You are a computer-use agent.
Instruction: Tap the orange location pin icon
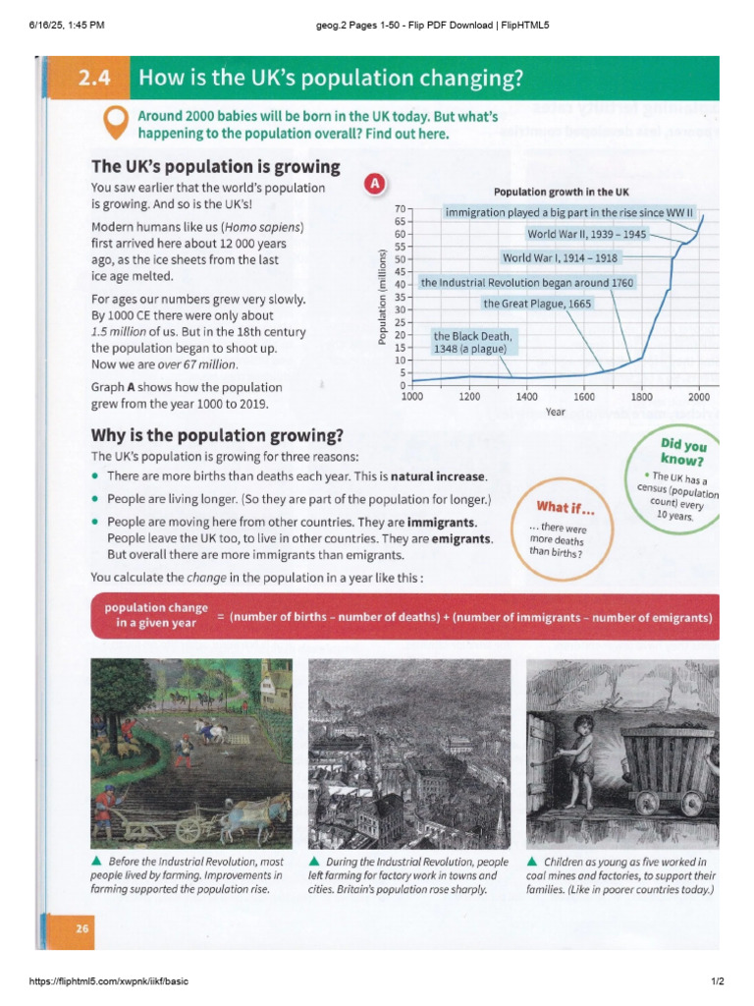(x=117, y=122)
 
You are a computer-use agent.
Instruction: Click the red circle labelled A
(x=373, y=185)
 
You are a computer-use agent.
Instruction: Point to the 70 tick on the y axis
(x=400, y=210)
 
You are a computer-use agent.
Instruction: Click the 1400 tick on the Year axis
(x=527, y=397)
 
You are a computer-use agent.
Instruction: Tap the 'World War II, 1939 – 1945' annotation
(x=586, y=235)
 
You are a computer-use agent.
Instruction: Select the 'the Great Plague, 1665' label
(x=537, y=304)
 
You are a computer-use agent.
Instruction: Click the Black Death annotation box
(x=472, y=342)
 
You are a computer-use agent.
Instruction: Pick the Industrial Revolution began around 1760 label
(x=527, y=283)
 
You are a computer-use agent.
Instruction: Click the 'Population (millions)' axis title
(x=382, y=296)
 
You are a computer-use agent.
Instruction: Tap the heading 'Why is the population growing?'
(x=217, y=435)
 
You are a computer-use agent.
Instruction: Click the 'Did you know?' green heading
(x=687, y=453)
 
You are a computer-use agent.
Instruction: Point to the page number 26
(x=77, y=929)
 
